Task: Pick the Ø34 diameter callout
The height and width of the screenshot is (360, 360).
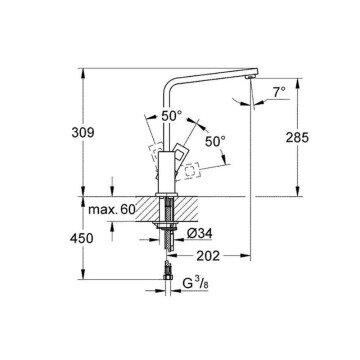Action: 204,233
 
